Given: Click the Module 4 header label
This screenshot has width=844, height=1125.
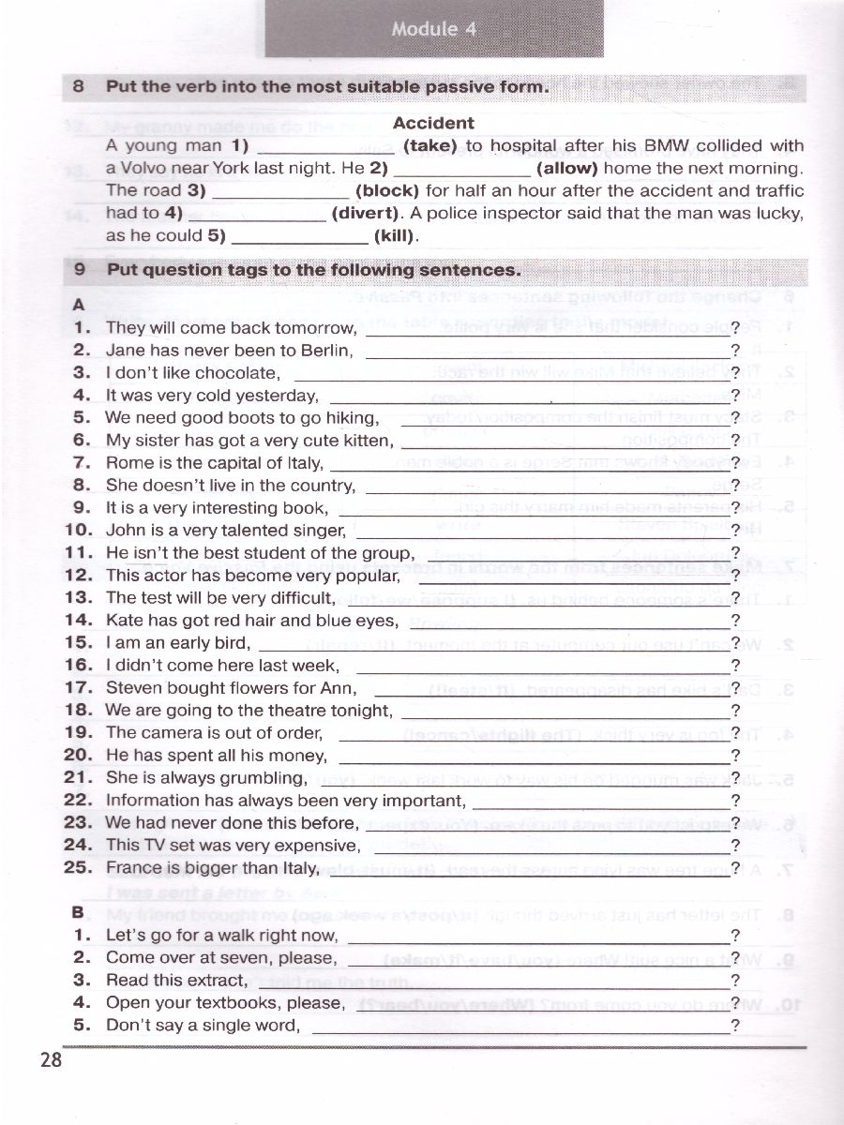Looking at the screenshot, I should click(433, 29).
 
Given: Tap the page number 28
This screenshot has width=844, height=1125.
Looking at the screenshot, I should click(51, 1060).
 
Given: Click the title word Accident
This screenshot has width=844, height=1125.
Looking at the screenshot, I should click(433, 123).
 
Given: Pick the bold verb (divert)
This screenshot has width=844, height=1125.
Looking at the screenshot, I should click(367, 214).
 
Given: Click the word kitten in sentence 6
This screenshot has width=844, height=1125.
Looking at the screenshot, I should click(363, 441).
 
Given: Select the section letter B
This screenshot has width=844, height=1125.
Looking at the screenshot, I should click(78, 912).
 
